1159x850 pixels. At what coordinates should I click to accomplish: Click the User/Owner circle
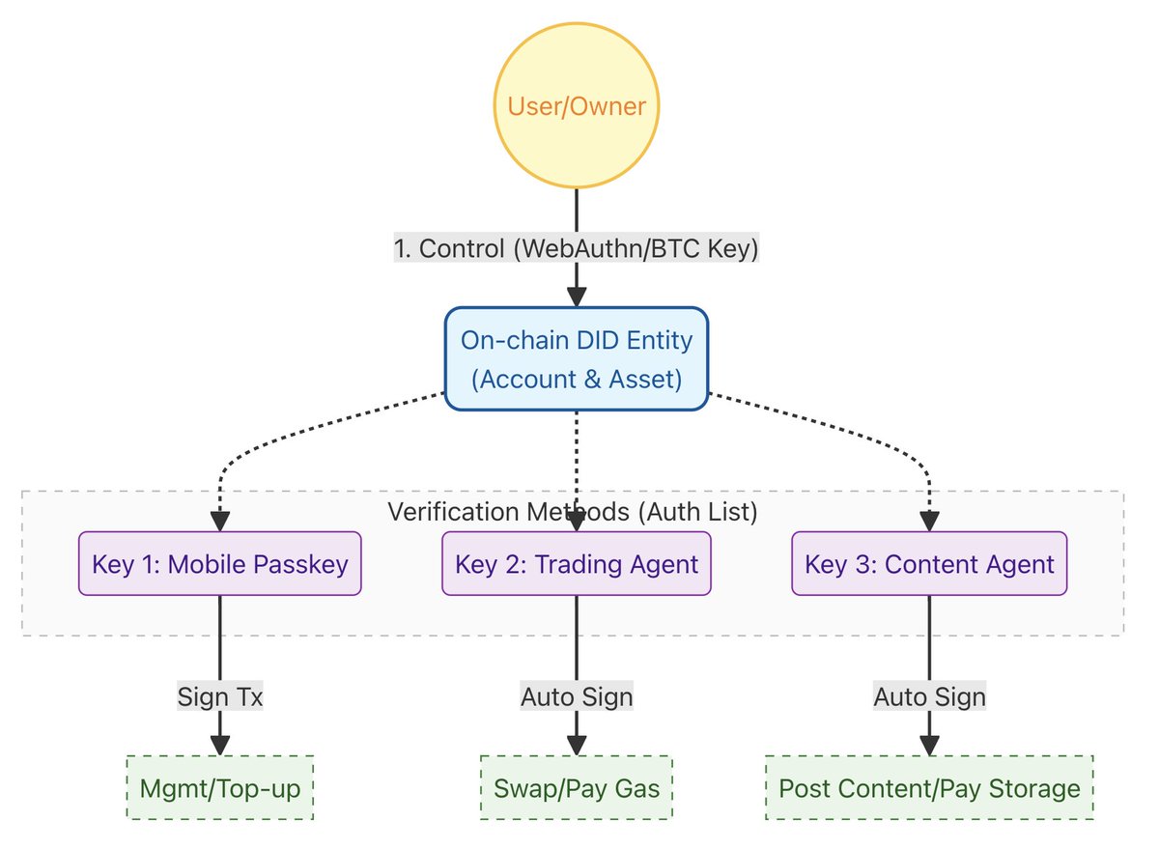point(577,105)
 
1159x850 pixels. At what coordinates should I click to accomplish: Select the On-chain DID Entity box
point(577,359)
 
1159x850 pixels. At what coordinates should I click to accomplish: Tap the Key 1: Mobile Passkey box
point(220,563)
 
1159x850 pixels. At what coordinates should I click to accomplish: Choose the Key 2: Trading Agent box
point(577,563)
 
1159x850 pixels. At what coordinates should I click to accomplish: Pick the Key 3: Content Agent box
point(929,563)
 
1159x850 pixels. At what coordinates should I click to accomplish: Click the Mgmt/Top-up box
point(220,788)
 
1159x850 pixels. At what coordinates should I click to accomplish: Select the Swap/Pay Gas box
point(577,788)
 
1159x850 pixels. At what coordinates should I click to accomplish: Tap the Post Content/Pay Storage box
point(929,788)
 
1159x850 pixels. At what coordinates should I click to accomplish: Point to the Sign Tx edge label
point(220,696)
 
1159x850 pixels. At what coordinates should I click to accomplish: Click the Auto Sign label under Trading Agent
point(577,696)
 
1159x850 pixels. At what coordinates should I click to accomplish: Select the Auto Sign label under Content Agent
point(929,696)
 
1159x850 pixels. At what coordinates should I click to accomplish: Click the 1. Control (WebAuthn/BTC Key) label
point(577,248)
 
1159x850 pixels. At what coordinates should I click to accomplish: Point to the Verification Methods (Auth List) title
point(572,512)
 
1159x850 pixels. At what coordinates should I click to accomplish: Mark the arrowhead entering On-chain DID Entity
point(577,297)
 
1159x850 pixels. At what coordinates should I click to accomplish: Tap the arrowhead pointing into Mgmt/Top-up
point(220,746)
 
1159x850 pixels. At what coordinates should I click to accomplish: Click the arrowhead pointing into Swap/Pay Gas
point(577,746)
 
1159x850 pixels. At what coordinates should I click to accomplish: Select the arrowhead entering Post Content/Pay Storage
point(929,746)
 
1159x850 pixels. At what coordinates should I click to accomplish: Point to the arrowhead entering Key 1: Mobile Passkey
point(220,522)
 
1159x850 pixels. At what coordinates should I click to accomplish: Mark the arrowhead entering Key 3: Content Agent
point(929,522)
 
